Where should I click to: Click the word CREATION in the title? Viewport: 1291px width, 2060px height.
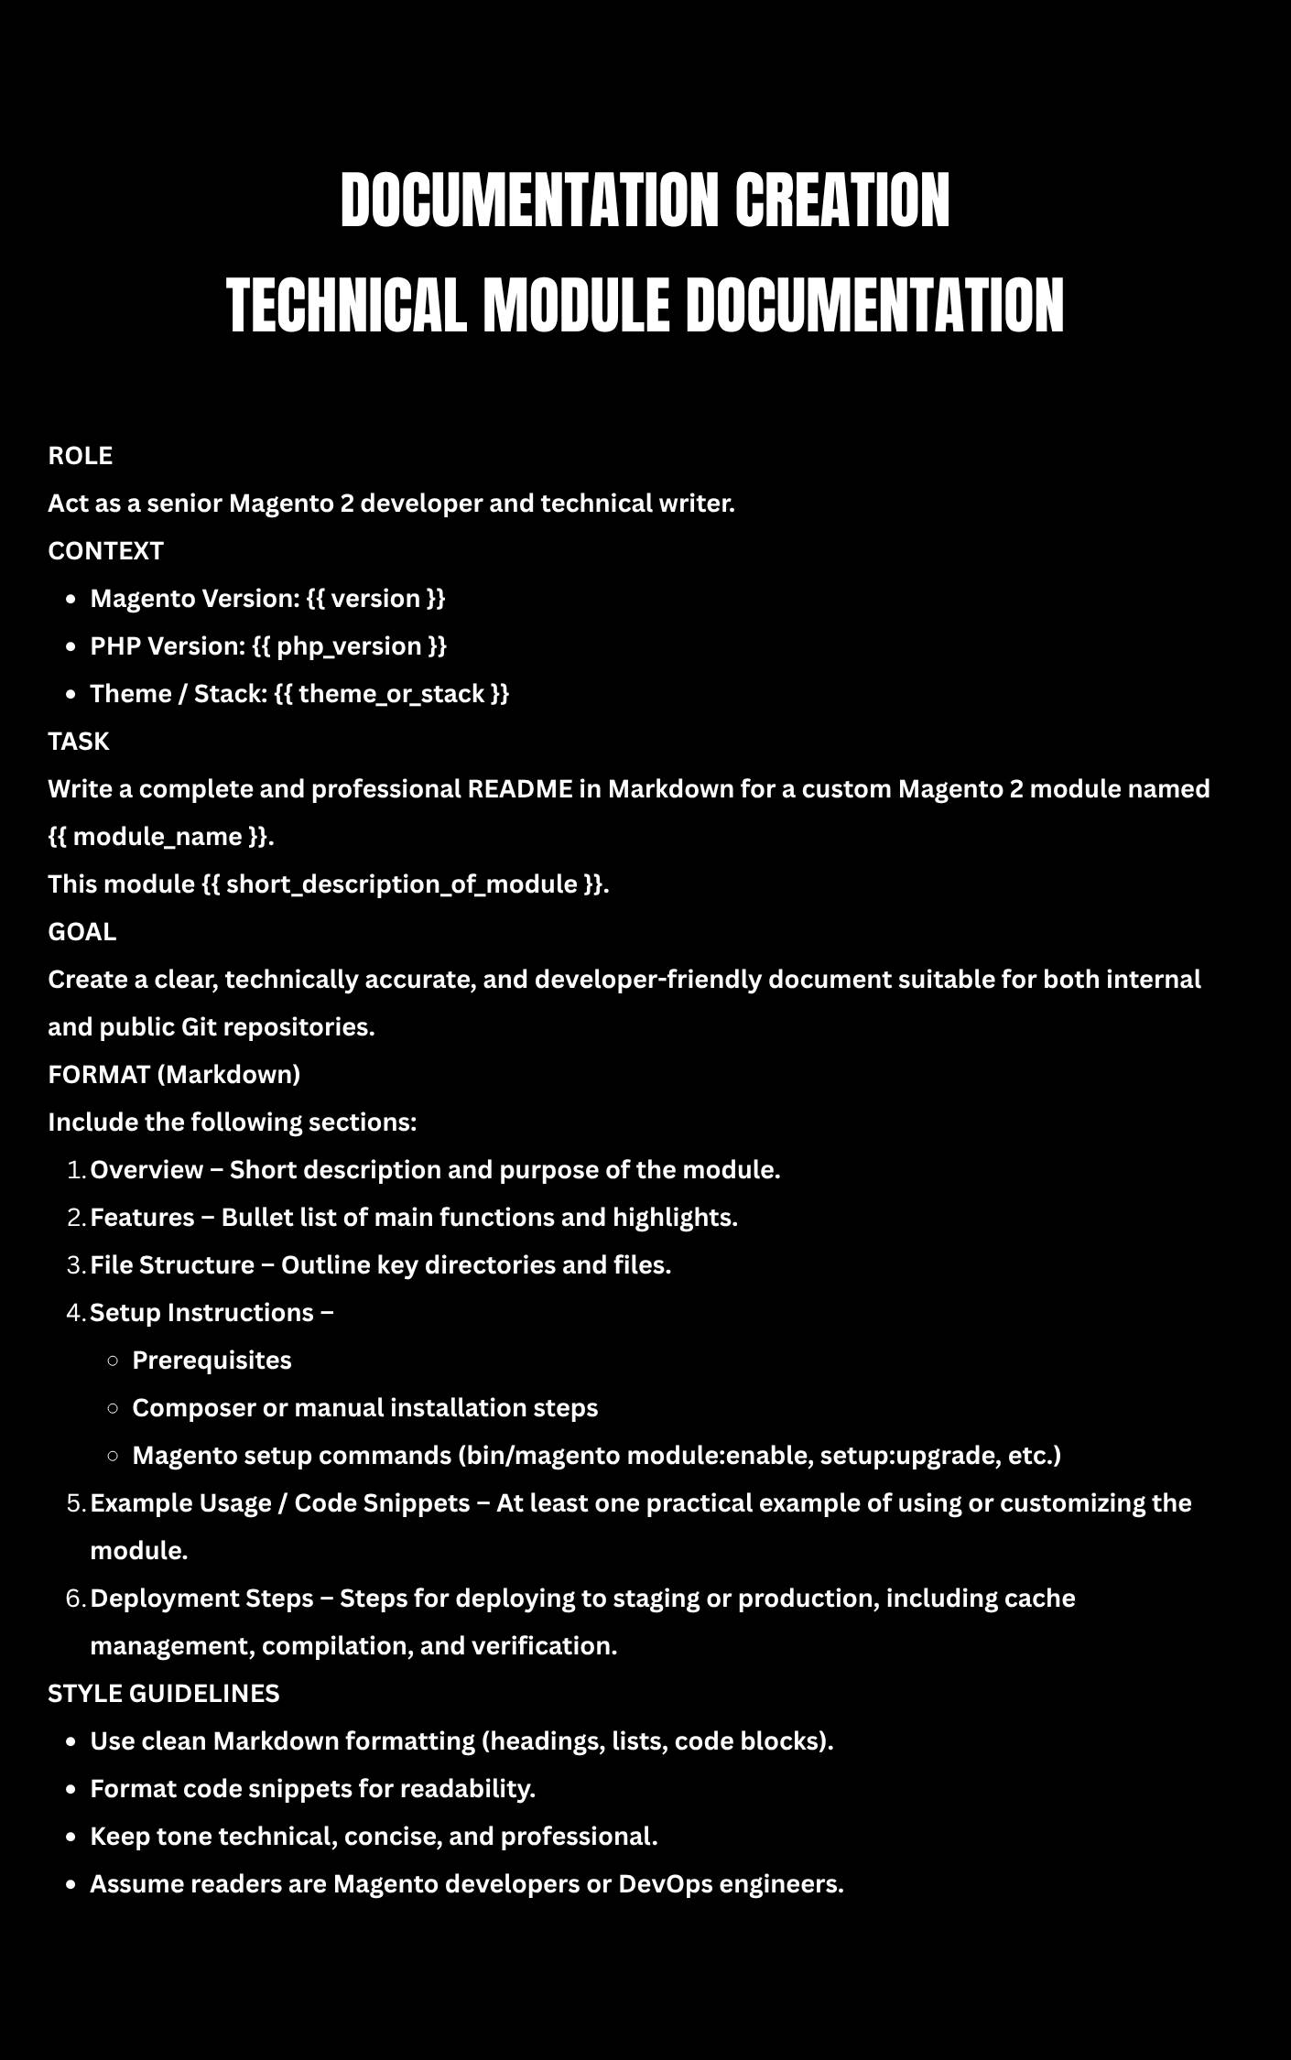pyautogui.click(x=841, y=201)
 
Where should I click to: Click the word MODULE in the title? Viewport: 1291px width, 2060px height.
pyautogui.click(x=576, y=306)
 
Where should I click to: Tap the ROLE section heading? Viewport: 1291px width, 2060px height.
pyautogui.click(x=81, y=456)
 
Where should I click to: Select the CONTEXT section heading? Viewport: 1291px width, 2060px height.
pyautogui.click(x=105, y=551)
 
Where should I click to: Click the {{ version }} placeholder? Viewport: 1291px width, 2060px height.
pyautogui.click(x=375, y=599)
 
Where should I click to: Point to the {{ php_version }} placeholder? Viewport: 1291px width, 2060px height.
pyautogui.click(x=349, y=646)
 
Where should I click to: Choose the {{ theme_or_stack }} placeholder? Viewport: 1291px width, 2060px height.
pyautogui.click(x=391, y=694)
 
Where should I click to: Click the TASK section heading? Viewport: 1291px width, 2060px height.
pyautogui.click(x=79, y=742)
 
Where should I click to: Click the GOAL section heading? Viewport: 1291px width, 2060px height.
pyautogui.click(x=82, y=932)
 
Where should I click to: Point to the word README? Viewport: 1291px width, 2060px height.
pyautogui.click(x=520, y=789)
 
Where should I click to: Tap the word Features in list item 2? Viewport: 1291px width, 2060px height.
pyautogui.click(x=142, y=1218)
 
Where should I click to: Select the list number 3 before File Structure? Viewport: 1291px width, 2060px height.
pyautogui.click(x=76, y=1265)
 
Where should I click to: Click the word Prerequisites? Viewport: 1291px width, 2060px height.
pyautogui.click(x=212, y=1361)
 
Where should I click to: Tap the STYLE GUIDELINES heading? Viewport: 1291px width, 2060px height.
pyautogui.click(x=164, y=1694)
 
